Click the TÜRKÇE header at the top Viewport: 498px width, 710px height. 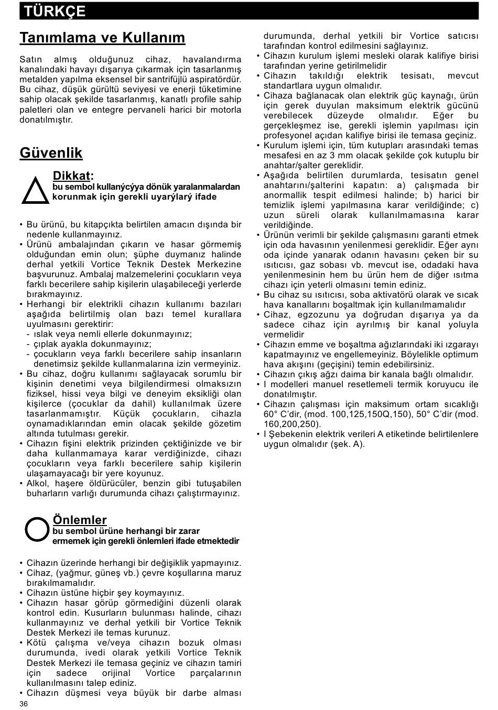pos(55,11)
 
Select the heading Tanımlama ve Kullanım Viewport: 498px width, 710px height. pos(102,38)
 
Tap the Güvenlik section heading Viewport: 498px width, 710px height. pos(51,152)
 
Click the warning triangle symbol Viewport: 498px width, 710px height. pos(35,190)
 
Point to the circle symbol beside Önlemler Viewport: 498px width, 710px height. pos(37,529)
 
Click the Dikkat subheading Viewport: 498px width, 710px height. pos(73,176)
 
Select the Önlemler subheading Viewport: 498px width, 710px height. pos(80,520)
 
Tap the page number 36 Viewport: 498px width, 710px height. pos(24,704)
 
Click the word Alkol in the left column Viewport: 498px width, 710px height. pos(38,483)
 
